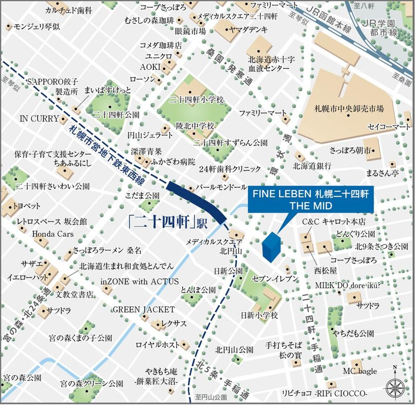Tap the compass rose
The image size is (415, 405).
[395, 386]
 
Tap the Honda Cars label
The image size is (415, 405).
[53, 234]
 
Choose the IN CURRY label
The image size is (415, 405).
[39, 118]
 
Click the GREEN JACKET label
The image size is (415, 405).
[144, 310]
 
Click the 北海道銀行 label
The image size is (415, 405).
[312, 166]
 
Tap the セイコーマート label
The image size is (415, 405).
[389, 127]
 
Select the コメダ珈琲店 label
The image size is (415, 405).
[161, 45]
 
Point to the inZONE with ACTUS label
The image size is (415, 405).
[140, 282]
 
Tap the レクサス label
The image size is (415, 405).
[174, 324]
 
